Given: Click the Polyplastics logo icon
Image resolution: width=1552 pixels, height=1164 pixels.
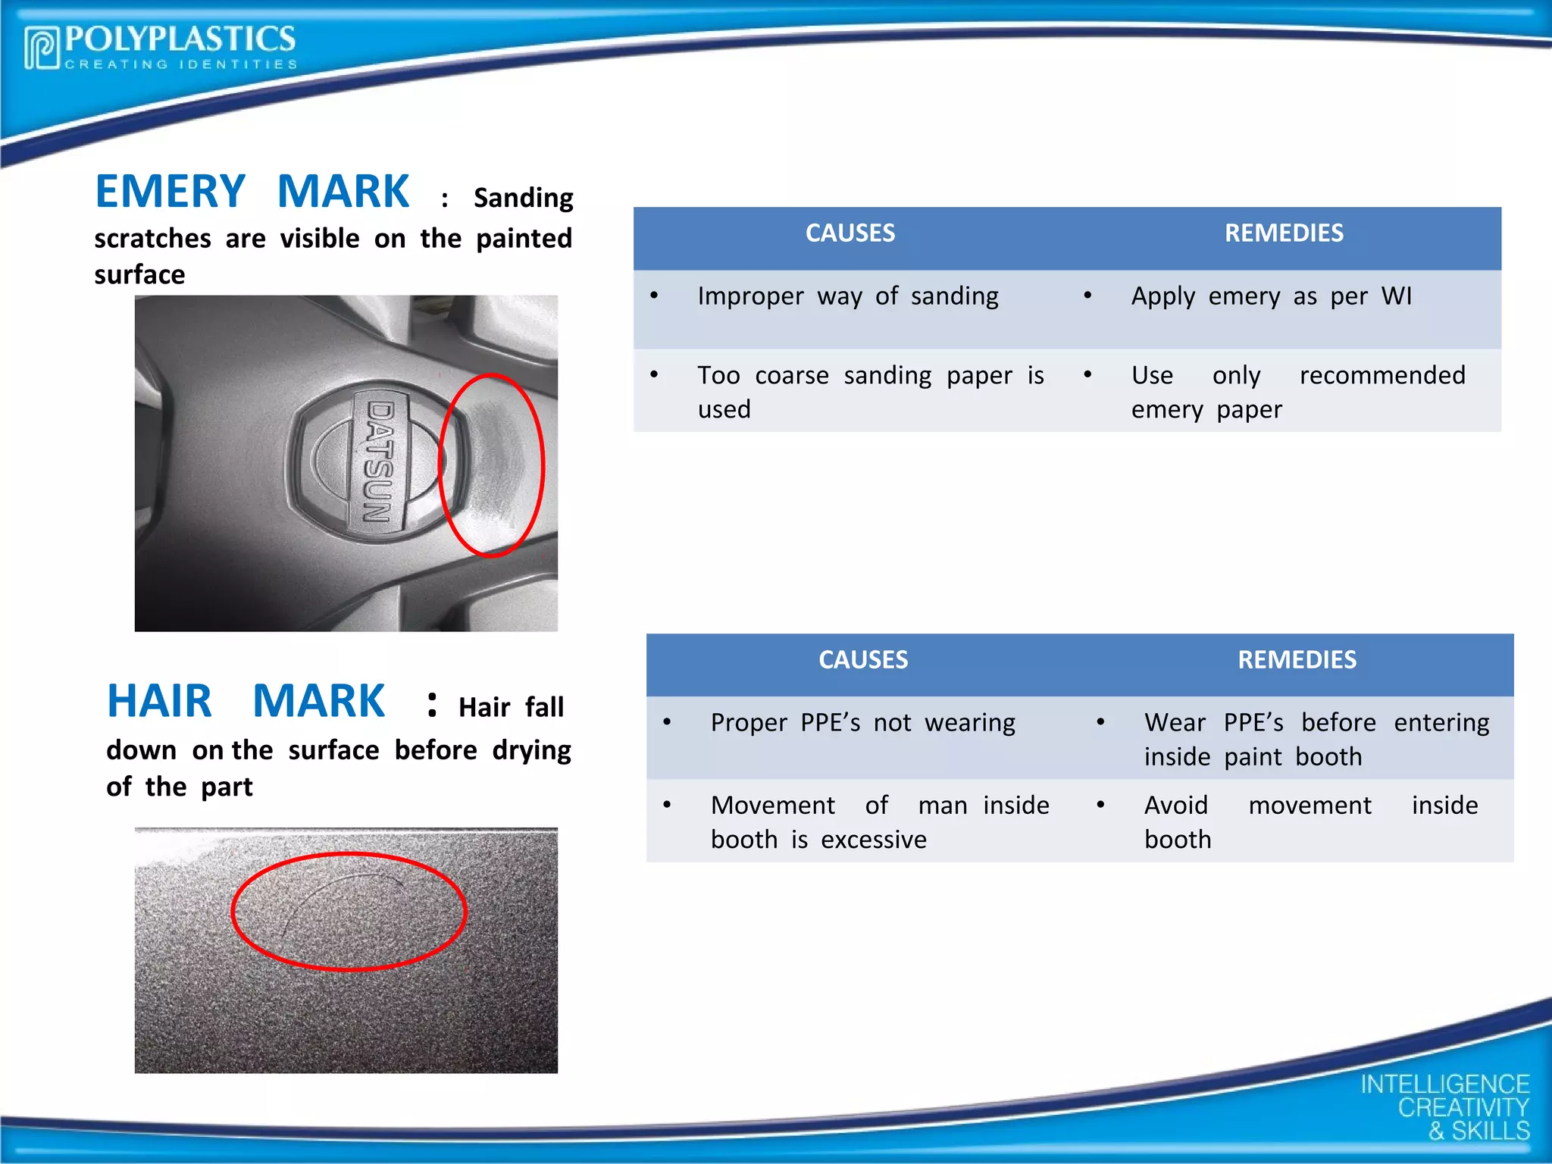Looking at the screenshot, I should pyautogui.click(x=41, y=48).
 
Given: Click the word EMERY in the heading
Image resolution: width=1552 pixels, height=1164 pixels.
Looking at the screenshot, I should pyautogui.click(x=170, y=192).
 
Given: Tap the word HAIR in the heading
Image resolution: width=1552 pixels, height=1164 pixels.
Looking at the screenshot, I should pyautogui.click(x=159, y=701).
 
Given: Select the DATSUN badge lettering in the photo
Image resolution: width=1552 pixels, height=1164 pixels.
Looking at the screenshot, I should pyautogui.click(x=379, y=461).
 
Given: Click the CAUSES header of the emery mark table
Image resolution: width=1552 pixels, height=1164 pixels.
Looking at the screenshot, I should pyautogui.click(x=850, y=233).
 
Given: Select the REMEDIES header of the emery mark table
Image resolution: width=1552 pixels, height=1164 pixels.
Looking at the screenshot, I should pyautogui.click(x=1284, y=233).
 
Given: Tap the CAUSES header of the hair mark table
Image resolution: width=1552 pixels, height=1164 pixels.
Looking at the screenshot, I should pyautogui.click(x=862, y=660).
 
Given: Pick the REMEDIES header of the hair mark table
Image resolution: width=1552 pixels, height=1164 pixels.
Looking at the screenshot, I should pyautogui.click(x=1297, y=660).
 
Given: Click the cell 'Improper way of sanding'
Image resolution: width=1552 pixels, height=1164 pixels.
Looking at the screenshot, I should pyautogui.click(x=847, y=296).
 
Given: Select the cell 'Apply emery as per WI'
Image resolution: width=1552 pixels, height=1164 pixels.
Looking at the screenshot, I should pyautogui.click(x=1271, y=296).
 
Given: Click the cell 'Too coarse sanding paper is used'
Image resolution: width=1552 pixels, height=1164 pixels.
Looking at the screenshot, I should pyautogui.click(x=870, y=392).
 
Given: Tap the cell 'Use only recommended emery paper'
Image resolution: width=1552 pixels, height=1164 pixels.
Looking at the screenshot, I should pyautogui.click(x=1297, y=392).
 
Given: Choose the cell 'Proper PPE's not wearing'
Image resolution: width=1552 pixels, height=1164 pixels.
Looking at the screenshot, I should pyautogui.click(x=862, y=723).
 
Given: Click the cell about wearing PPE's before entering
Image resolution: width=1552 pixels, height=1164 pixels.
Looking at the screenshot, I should pyautogui.click(x=1316, y=740).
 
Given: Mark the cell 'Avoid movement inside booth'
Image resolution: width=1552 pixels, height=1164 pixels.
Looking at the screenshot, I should pyautogui.click(x=1310, y=822).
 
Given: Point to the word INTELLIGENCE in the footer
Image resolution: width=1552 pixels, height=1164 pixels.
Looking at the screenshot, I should pyautogui.click(x=1444, y=1084).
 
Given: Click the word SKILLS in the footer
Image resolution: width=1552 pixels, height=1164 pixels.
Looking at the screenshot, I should pyautogui.click(x=1490, y=1131).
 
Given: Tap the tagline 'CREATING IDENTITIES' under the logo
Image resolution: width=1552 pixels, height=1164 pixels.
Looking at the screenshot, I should pyautogui.click(x=181, y=65).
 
